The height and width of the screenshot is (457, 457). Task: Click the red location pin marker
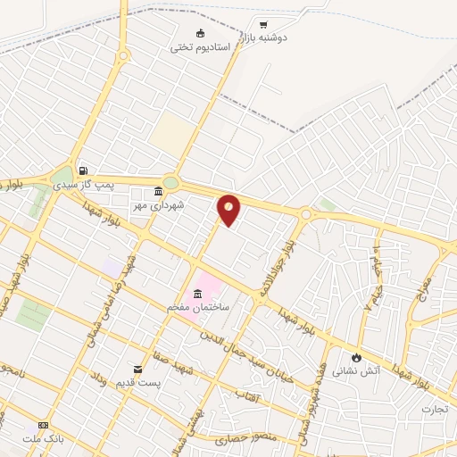click(x=228, y=209)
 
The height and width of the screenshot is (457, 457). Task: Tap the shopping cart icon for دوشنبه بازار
click(x=262, y=24)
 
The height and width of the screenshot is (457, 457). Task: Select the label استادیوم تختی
click(x=201, y=46)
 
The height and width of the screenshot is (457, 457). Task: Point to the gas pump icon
click(x=83, y=170)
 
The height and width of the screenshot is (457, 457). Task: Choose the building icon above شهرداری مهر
click(x=159, y=191)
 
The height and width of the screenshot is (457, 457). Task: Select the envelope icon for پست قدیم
click(x=137, y=369)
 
